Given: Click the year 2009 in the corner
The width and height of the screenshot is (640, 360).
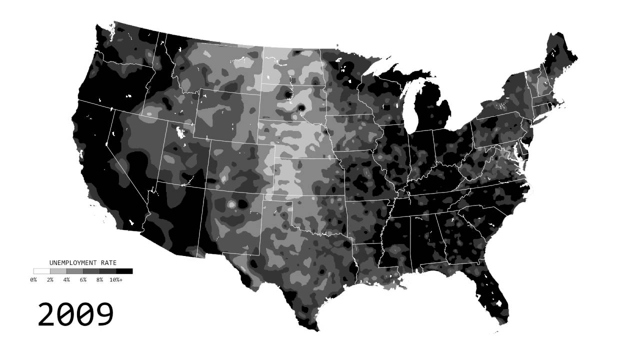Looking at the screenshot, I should coord(76,314).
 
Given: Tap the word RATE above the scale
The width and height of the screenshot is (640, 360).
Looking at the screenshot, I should coord(107,262).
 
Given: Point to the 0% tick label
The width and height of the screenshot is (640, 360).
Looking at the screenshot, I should coord(33,280).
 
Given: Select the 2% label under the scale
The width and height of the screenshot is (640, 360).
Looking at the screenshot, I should coord(50,280).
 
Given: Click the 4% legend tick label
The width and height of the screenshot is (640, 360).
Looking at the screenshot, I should coord(66,280).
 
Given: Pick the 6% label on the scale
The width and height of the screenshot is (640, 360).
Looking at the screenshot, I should coord(83,280).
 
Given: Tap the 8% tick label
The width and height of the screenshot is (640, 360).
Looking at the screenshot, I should coord(99,280).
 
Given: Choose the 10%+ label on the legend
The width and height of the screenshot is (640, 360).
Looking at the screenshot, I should coord(116,280).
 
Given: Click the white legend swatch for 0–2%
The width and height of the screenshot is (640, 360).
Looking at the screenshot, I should coord(41,271).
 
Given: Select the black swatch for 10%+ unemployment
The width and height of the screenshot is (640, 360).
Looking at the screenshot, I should coord(124,271).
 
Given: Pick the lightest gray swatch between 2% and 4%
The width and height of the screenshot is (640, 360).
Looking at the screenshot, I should coord(58,271).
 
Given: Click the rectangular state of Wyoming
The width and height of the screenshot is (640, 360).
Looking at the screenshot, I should coord(227,115).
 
